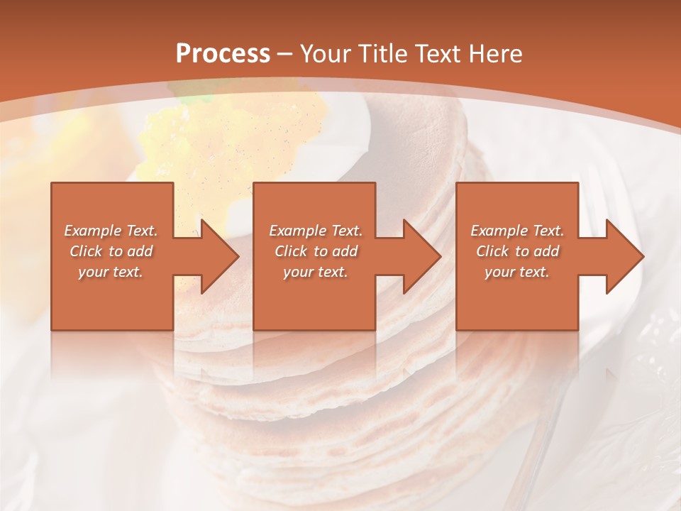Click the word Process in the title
[223, 54]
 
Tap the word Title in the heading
[378, 54]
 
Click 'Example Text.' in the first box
[111, 231]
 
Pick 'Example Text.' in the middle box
[316, 231]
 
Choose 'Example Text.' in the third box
[517, 231]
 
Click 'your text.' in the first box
[111, 272]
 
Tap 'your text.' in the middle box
[315, 272]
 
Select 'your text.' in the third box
[516, 272]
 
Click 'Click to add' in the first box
[111, 251]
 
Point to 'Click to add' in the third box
[518, 251]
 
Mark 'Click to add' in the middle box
[316, 251]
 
